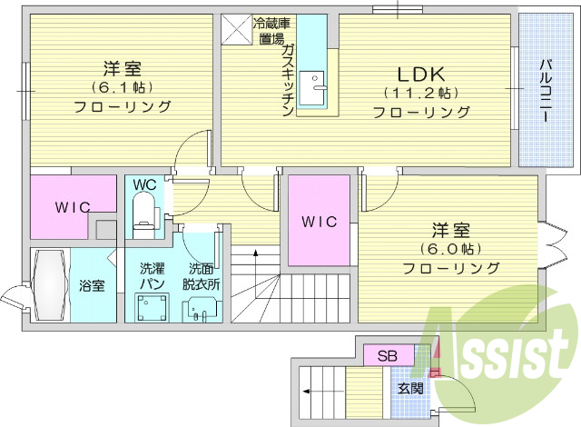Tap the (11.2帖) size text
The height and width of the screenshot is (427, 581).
point(420,94)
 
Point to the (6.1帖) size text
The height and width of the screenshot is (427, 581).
point(123,88)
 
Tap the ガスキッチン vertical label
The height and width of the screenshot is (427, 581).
point(287,81)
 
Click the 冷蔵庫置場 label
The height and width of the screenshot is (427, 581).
point(270,31)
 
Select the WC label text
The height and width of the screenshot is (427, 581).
point(144,184)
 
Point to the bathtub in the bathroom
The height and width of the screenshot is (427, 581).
point(49,284)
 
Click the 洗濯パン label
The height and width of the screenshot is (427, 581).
point(152,277)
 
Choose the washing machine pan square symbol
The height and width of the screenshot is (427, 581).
point(151,309)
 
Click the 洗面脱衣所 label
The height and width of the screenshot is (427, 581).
point(201,277)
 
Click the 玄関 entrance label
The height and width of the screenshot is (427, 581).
point(410,388)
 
